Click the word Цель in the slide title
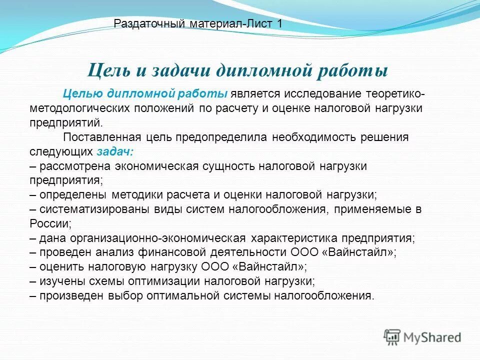(107, 69)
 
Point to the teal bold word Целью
(83, 94)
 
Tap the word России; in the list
(50, 223)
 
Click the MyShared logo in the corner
(422, 336)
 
